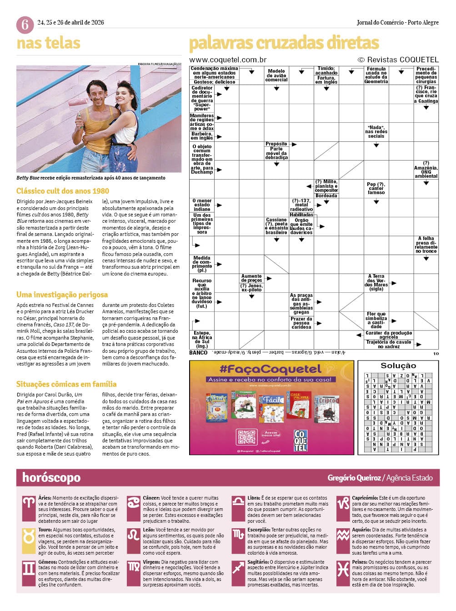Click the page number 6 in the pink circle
[x=25, y=25]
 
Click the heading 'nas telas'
[x=48, y=43]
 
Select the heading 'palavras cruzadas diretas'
[x=284, y=43]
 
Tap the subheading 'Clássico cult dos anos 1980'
[x=63, y=191]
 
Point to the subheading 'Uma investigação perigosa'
[x=62, y=295]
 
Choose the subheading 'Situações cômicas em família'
[x=66, y=384]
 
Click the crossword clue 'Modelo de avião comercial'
[x=276, y=75]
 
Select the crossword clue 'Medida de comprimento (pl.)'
[x=202, y=264]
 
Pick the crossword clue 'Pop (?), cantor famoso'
[x=376, y=188]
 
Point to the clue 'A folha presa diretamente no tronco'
[x=426, y=245]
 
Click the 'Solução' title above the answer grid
[x=398, y=366]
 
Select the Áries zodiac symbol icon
[x=29, y=503]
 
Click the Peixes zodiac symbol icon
[x=343, y=568]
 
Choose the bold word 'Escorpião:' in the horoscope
[x=259, y=530]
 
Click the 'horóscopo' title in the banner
[x=51, y=478]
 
